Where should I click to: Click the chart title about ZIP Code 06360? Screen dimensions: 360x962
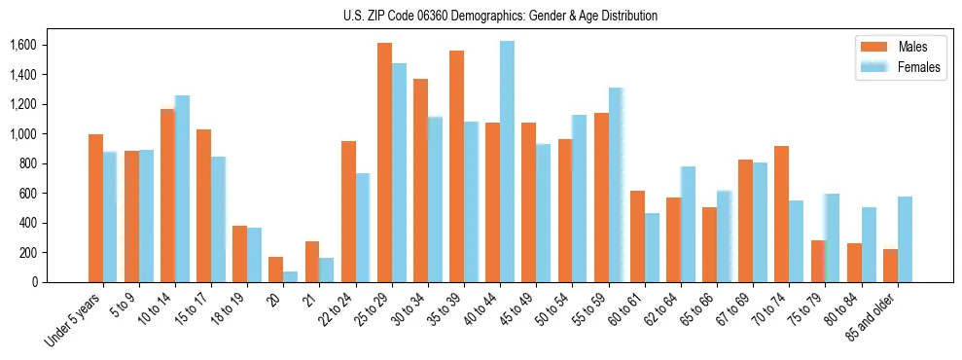[500, 16]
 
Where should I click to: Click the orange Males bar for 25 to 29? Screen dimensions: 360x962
[384, 162]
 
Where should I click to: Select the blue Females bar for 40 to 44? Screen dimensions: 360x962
[508, 162]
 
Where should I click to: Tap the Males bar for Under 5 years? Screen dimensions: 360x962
[95, 208]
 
